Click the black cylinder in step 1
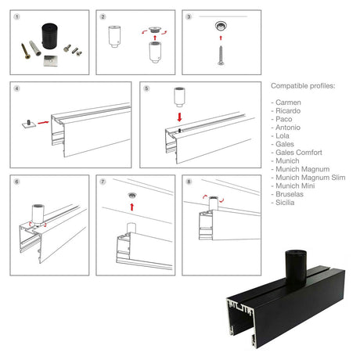pos(49,36)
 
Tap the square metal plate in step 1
pos(51,61)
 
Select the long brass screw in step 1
pos(25,51)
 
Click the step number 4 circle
pos(16,88)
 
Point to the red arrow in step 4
pos(43,122)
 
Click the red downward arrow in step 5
pos(179,117)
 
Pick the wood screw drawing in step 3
pos(221,56)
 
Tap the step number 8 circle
pos(189,182)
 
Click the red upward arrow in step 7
pos(132,207)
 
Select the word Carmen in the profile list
pos(288,103)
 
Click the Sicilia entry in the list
pos(285,203)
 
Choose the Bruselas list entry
pos(290,194)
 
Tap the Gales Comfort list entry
pos(299,153)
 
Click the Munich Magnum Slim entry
pos(311,178)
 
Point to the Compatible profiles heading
pos(303,86)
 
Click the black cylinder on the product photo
pos(296,268)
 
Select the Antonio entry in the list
pos(288,128)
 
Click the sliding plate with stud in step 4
pos(29,124)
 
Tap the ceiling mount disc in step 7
pos(132,195)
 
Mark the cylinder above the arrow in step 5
pos(179,97)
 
